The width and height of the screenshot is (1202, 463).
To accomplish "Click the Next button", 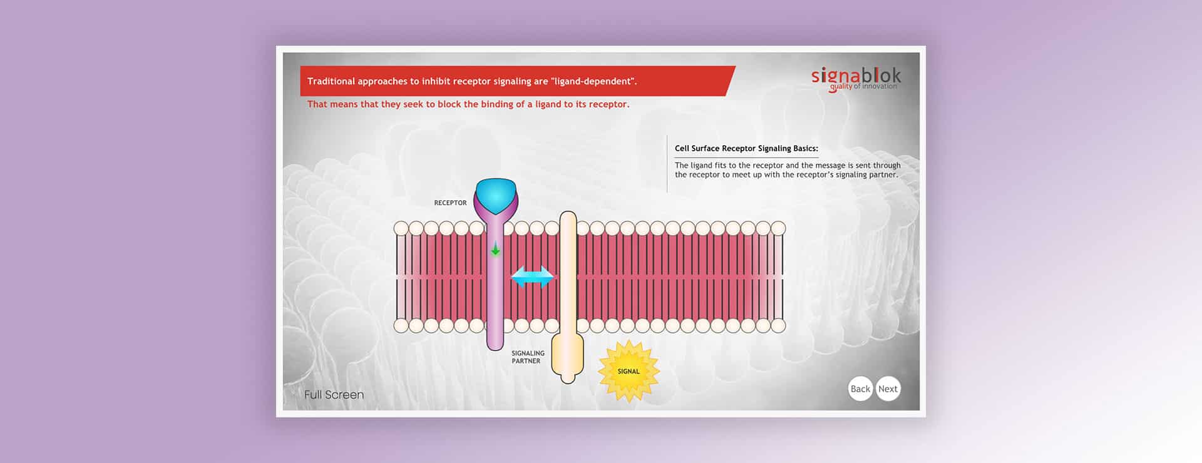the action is point(888,389).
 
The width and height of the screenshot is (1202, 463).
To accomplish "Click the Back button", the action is point(860,389).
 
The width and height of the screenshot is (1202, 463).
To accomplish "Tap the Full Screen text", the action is point(334,395).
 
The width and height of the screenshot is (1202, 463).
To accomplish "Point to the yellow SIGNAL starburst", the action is point(629,371).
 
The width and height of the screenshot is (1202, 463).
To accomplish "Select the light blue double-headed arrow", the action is point(532,277).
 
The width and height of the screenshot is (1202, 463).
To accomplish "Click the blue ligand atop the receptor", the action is point(496,195).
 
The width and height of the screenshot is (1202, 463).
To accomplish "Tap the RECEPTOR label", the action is point(450,203).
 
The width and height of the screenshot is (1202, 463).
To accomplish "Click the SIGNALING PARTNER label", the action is point(528,357).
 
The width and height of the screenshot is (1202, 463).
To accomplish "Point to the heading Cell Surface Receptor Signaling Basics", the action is point(746,148).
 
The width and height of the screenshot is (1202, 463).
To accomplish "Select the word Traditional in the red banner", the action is point(331,81).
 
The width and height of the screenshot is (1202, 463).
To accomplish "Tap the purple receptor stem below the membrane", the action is point(495,338).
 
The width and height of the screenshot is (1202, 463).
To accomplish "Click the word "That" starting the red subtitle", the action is point(317,104).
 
